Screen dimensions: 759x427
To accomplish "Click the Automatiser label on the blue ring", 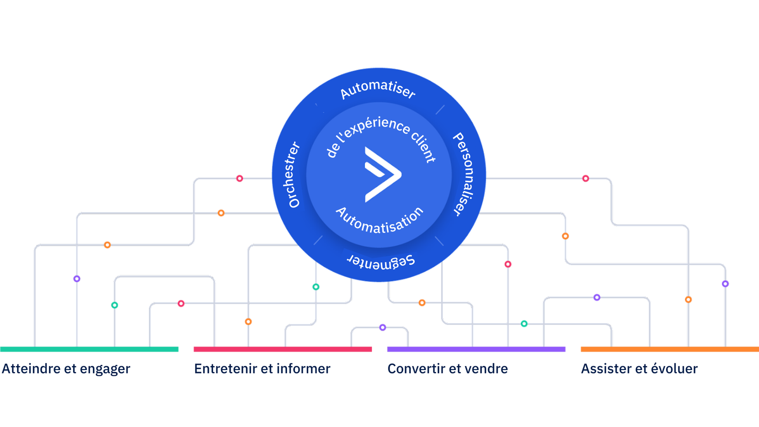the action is (x=378, y=89).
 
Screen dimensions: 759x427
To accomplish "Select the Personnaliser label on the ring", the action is (x=464, y=174).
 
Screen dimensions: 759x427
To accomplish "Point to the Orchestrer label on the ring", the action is (x=294, y=175).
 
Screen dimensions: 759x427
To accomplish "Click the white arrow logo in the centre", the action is (x=383, y=175).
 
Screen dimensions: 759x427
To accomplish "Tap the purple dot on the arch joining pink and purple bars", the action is (x=382, y=327).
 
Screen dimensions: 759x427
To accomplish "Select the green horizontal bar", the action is (x=89, y=349).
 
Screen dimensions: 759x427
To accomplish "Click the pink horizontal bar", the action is (x=283, y=349).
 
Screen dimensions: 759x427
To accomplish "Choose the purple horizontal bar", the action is (x=476, y=349).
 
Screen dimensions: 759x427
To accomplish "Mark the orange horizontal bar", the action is (x=670, y=349).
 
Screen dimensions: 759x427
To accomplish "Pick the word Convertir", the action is (x=416, y=369).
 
